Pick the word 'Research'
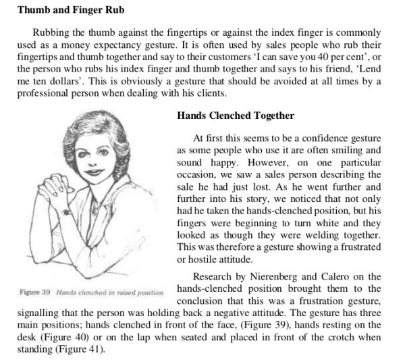[215, 277]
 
